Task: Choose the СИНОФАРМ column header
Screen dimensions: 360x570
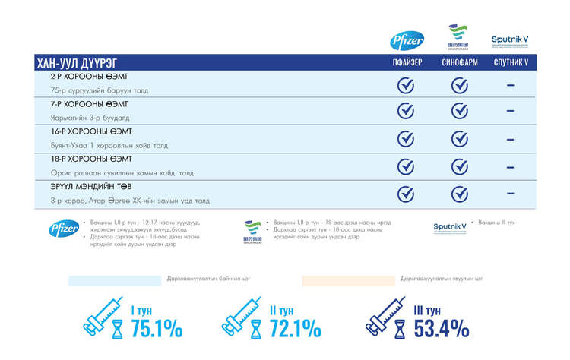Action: click(x=459, y=63)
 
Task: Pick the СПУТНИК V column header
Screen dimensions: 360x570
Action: click(x=510, y=63)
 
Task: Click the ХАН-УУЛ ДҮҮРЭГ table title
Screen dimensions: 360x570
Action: click(x=76, y=63)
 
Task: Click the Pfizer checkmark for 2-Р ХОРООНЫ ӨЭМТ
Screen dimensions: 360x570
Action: click(x=407, y=84)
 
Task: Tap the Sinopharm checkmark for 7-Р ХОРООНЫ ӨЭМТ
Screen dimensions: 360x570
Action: click(x=459, y=111)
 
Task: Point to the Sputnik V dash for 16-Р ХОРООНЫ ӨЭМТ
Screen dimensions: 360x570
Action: click(x=510, y=138)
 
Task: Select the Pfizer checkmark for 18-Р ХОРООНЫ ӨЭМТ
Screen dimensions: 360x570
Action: click(x=407, y=166)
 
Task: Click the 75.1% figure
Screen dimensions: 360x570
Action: click(x=157, y=328)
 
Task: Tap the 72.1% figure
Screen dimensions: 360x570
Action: click(x=295, y=328)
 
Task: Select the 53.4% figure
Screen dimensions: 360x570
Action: click(x=442, y=328)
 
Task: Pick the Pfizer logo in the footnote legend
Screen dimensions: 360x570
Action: click(x=64, y=228)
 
